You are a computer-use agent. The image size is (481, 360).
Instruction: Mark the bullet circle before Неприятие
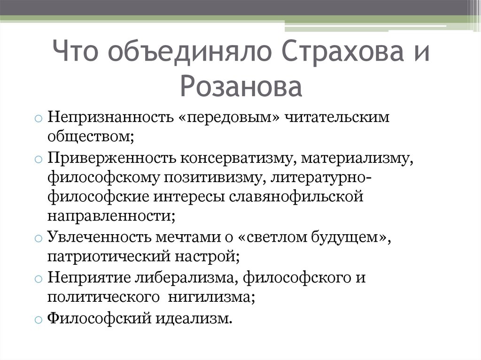pyautogui.click(x=39, y=278)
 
